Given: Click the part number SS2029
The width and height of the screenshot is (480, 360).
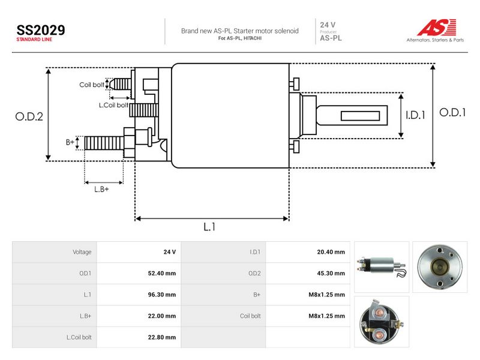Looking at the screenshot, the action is click(41, 30).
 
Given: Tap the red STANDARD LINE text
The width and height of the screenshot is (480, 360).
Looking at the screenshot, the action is click(34, 40).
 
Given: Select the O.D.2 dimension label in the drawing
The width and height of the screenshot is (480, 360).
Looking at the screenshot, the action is click(29, 116).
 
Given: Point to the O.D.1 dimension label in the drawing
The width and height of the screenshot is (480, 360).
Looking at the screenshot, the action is click(452, 113).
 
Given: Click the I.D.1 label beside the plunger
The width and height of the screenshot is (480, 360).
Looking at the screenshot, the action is click(415, 115).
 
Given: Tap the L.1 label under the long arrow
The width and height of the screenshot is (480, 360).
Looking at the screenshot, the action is click(209, 227).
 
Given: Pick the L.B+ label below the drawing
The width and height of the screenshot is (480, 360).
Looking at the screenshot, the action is click(101, 189).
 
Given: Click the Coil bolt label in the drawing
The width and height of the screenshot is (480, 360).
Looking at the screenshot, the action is click(92, 85).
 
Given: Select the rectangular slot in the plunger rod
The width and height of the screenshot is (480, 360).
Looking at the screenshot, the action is click(361, 116).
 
